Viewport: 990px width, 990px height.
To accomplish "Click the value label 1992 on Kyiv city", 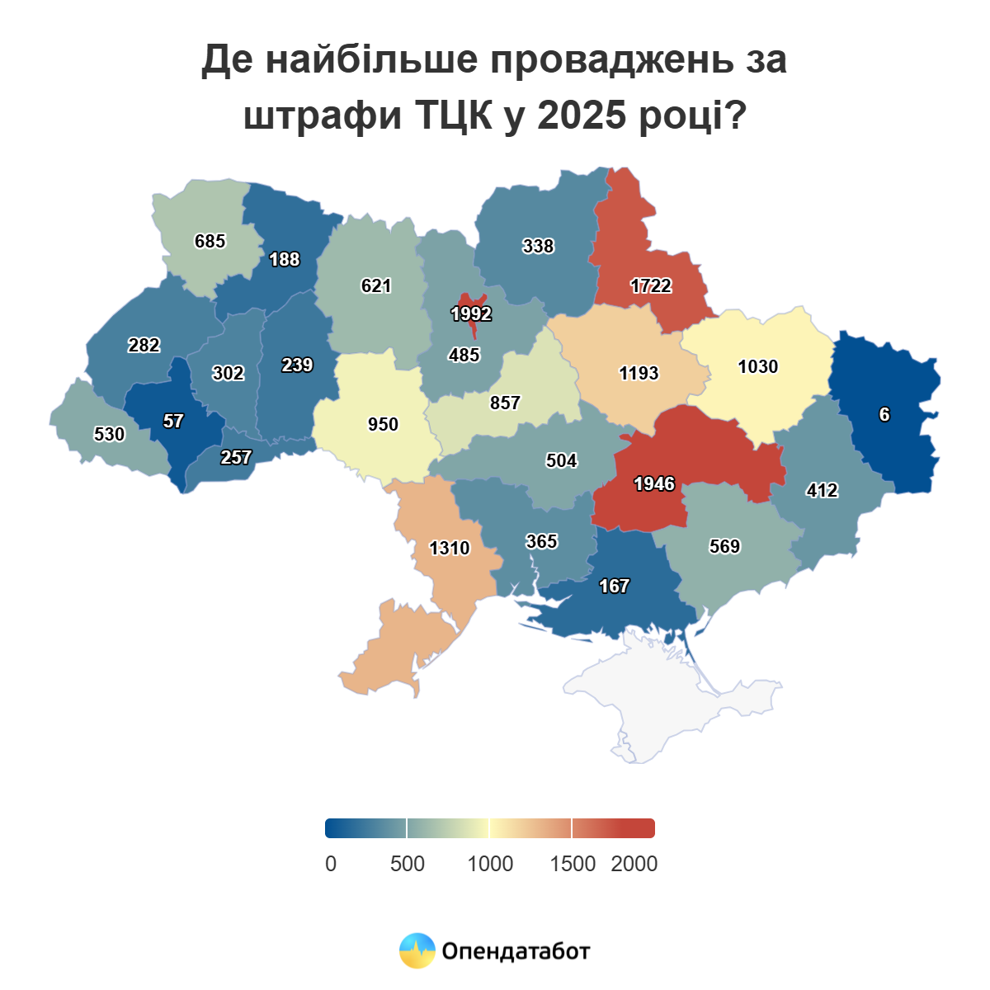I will click(471, 314).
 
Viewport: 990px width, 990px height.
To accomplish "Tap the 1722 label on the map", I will click(651, 286).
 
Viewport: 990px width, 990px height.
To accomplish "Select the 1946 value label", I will click(654, 484).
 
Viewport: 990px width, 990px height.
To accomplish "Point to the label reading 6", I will click(884, 415).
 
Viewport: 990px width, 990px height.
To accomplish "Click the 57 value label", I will click(173, 422).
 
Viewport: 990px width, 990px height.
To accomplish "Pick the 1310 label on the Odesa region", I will click(450, 549).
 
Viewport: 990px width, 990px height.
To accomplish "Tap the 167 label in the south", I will click(615, 587).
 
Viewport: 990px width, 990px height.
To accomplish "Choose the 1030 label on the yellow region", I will click(757, 367).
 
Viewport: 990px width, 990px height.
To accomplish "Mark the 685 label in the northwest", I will click(210, 242).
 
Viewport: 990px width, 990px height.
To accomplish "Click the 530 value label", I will click(109, 435).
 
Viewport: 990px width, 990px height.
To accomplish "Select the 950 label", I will click(383, 425).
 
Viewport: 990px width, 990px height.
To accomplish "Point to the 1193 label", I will click(639, 374).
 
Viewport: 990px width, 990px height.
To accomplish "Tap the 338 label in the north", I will click(538, 247).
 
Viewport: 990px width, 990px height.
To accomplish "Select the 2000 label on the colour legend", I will click(634, 864).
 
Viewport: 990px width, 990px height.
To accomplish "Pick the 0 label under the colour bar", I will click(331, 864).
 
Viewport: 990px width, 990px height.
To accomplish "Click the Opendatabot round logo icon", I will click(417, 951).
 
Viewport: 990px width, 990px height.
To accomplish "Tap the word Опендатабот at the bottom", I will click(516, 951).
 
